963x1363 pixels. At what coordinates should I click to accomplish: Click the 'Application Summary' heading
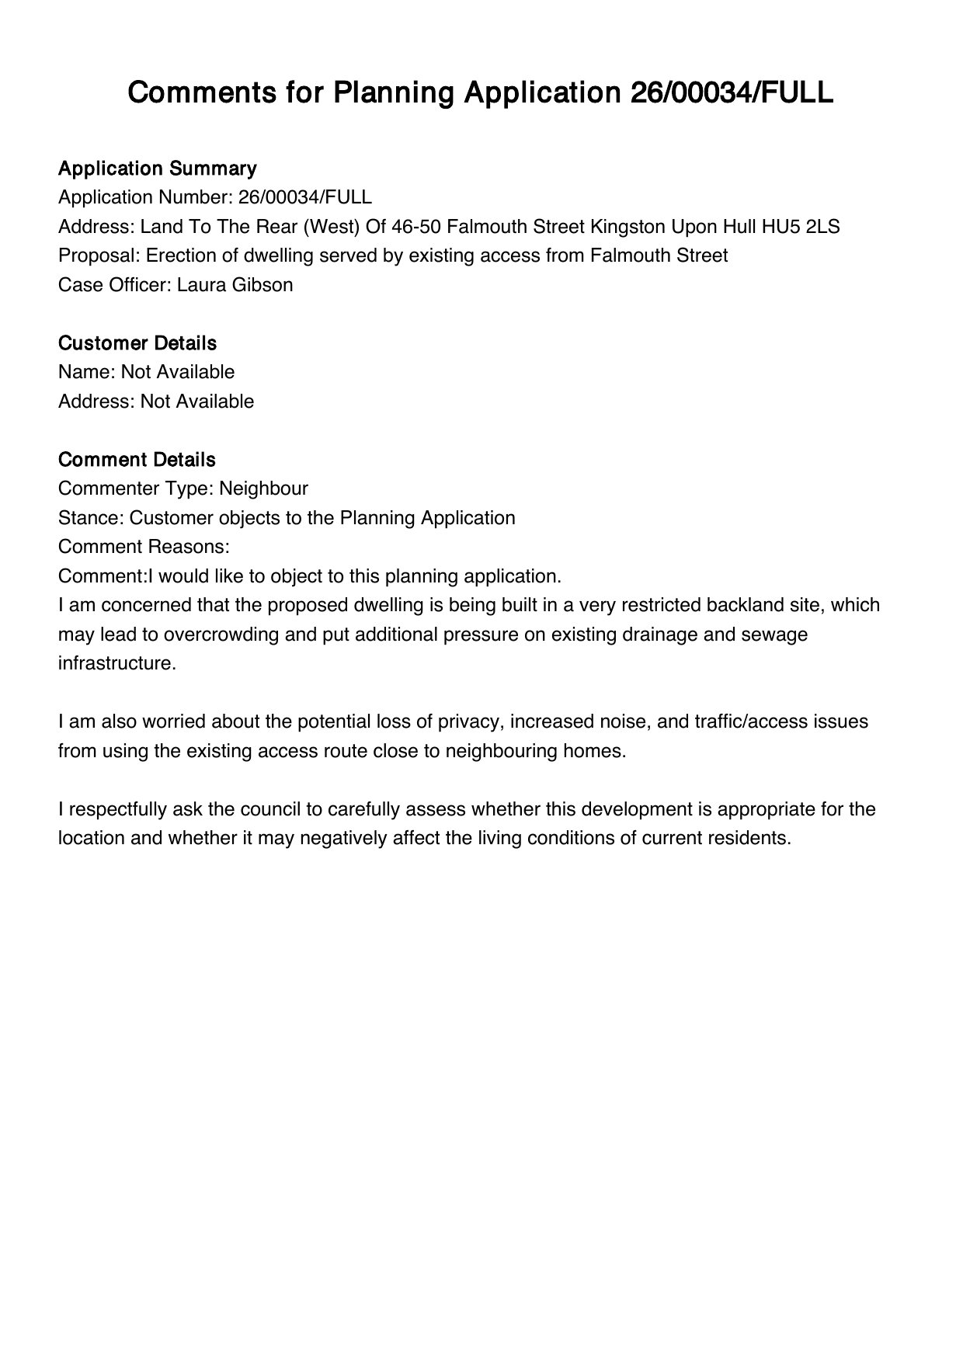click(x=157, y=169)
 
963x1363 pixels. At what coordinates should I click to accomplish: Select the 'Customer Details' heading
click(x=137, y=343)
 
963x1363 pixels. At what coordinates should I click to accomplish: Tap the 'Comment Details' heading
click(x=137, y=460)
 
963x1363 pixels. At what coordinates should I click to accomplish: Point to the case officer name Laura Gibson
click(x=235, y=285)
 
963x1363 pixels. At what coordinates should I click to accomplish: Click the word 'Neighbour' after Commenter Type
click(x=263, y=489)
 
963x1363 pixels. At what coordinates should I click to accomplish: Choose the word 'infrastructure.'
click(x=117, y=664)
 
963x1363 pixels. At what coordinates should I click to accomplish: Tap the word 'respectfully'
click(x=116, y=809)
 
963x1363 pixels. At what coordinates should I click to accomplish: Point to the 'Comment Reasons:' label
click(x=144, y=547)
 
